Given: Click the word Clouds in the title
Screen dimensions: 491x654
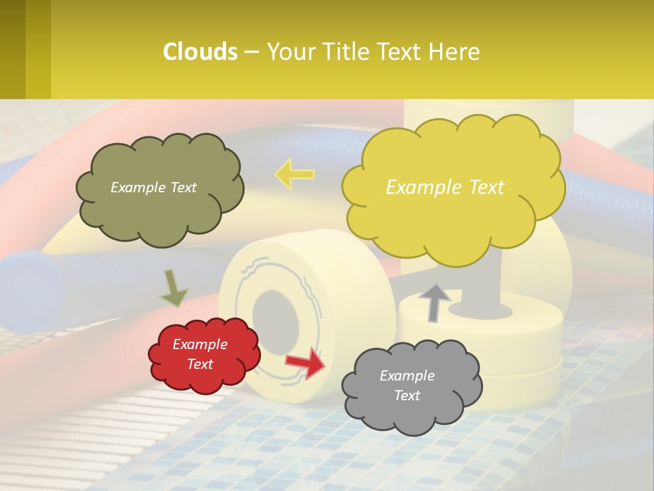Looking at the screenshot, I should [x=200, y=52].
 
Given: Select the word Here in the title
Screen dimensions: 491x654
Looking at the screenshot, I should [x=456, y=52].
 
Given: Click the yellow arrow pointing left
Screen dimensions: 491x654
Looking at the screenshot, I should [x=294, y=174].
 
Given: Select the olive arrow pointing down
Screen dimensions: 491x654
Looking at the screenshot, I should [x=174, y=288].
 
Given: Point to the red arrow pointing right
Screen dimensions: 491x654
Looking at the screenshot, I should [x=305, y=361].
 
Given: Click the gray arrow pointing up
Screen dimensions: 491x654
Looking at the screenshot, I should [x=434, y=301].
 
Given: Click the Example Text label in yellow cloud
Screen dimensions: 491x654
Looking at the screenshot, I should [x=445, y=188].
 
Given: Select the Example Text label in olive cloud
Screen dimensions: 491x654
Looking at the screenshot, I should [x=153, y=188].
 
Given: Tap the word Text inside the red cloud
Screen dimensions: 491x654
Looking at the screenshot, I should [x=200, y=364].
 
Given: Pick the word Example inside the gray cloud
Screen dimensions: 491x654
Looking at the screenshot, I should [x=407, y=376].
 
